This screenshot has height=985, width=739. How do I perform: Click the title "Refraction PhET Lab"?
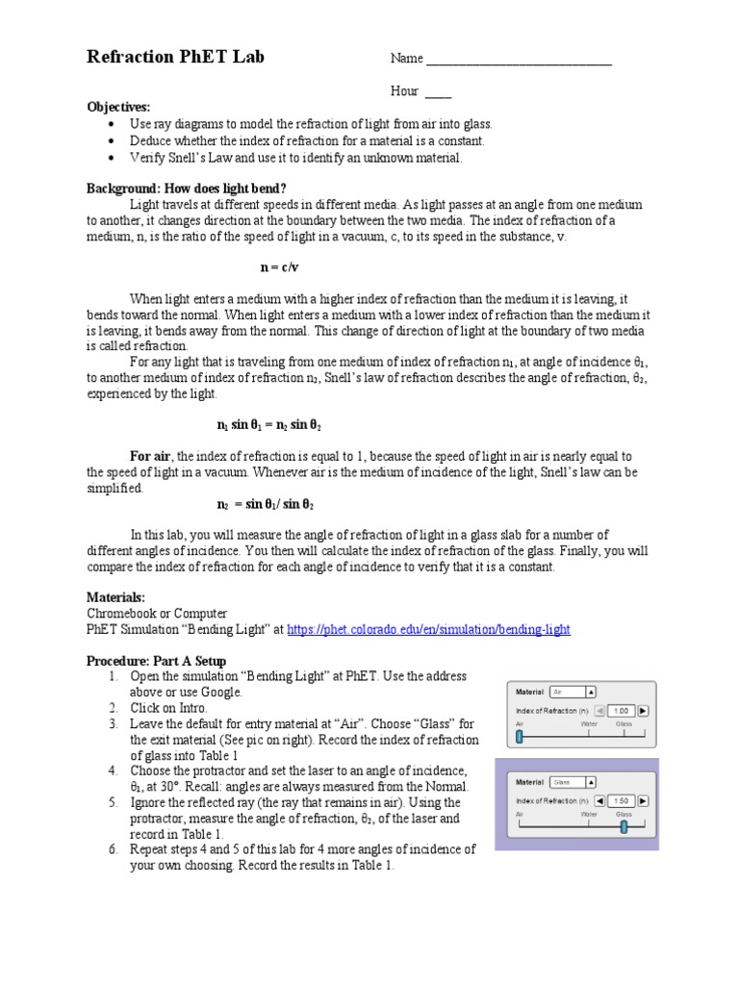(175, 57)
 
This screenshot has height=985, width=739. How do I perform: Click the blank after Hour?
(438, 93)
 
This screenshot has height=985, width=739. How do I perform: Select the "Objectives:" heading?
(118, 107)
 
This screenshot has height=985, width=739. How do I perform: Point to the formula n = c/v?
(280, 266)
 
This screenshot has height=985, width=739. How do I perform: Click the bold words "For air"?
(150, 456)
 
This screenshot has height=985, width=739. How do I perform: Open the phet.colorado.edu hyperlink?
(428, 629)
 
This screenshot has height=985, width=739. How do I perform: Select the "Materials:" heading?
(116, 597)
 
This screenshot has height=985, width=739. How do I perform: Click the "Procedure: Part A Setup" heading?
(156, 661)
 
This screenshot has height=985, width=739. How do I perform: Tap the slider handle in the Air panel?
(520, 737)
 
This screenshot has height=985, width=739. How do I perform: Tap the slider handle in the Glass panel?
(624, 825)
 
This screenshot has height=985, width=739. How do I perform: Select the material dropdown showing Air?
(573, 692)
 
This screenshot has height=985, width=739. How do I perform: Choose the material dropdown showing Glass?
(573, 782)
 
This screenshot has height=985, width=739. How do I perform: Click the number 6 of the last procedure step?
(113, 849)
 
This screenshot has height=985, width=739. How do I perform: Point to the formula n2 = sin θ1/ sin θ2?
(267, 504)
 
